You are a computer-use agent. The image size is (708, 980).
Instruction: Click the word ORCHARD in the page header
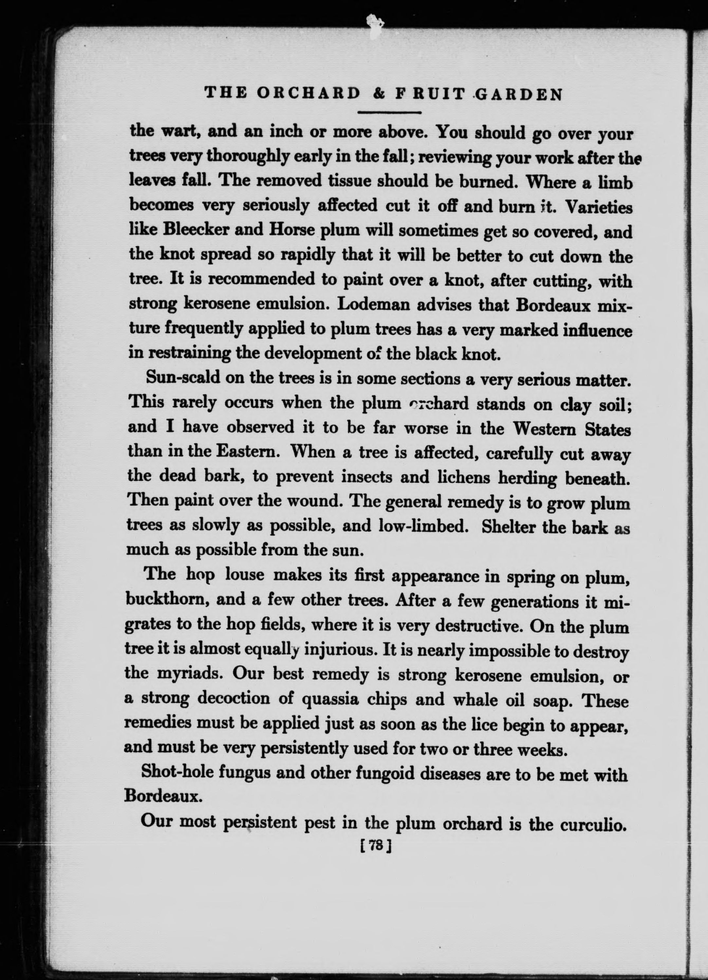coord(308,94)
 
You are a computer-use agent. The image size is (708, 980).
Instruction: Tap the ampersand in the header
coord(378,94)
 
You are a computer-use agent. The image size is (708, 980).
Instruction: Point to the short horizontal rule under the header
coord(390,113)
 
